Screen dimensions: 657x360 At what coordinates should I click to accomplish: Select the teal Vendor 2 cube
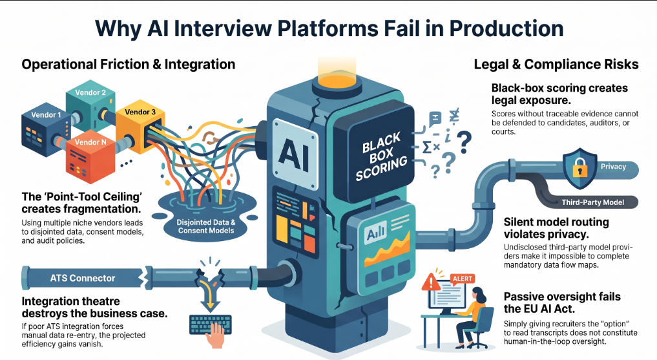point(90,105)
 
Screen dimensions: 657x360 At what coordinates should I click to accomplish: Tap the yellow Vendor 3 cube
point(140,129)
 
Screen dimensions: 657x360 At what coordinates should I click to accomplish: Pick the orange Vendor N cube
point(90,159)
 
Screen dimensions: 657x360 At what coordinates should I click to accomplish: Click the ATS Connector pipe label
point(83,279)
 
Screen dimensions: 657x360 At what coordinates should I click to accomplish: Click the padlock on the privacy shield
point(580,169)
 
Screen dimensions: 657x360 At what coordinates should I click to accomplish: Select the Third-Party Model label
point(592,202)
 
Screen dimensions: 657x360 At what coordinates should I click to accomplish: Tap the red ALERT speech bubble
point(463,279)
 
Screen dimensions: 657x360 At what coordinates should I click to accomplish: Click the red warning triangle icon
point(431,282)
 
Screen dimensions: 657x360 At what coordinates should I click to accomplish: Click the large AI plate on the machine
point(295,154)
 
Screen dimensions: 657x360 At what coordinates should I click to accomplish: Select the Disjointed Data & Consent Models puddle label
point(205,226)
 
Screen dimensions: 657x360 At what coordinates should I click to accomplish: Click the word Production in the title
point(506,28)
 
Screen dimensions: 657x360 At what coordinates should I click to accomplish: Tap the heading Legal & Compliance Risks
point(556,64)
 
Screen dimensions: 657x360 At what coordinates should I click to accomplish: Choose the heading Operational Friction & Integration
point(128,64)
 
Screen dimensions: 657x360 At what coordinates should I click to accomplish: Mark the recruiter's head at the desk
point(479,295)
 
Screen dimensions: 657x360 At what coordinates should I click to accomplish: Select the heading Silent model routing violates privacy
point(556,228)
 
